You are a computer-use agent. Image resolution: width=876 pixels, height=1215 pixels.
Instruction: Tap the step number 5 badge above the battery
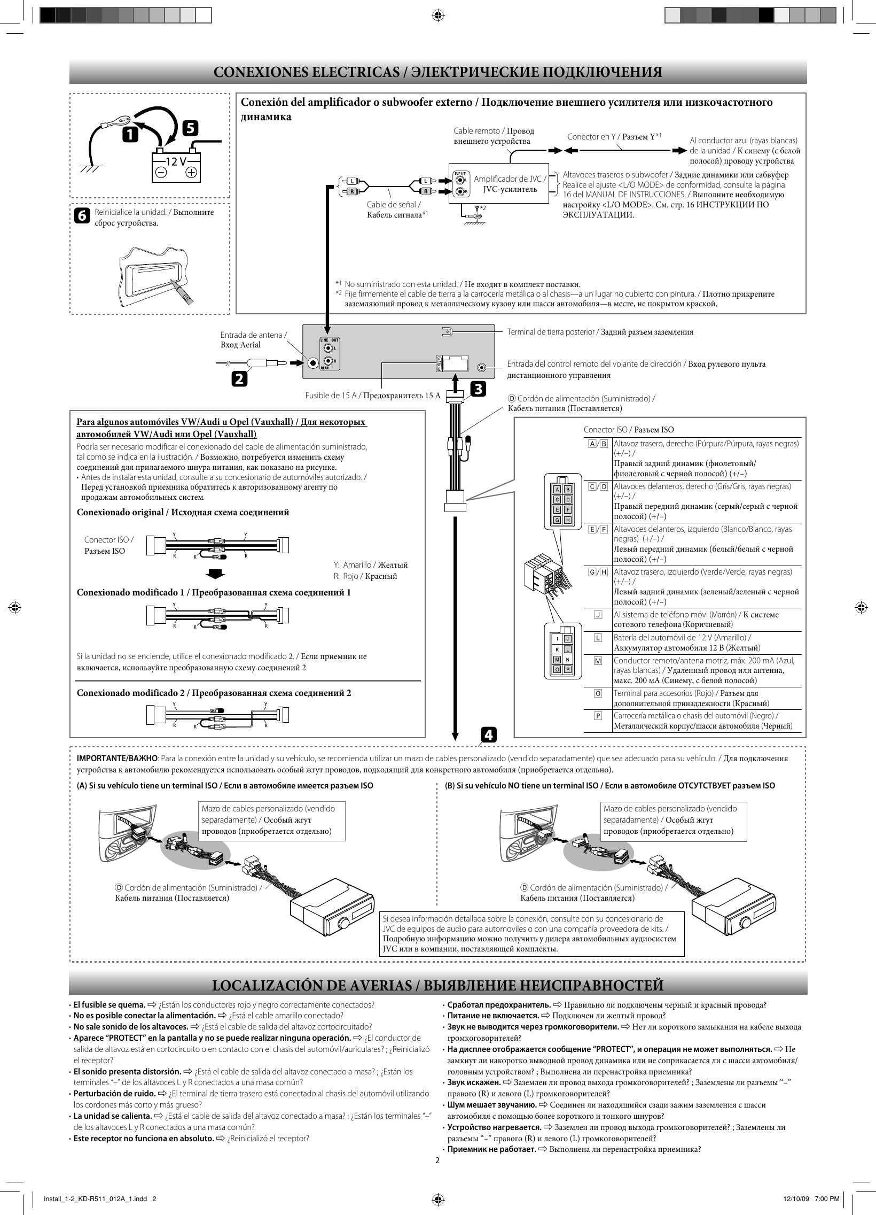[190, 129]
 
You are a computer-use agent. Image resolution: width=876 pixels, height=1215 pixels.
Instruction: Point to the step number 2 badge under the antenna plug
[239, 379]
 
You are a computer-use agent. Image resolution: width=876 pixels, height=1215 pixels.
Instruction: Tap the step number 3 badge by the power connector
[478, 389]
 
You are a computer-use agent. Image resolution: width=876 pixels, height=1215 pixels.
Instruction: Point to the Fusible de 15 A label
[331, 396]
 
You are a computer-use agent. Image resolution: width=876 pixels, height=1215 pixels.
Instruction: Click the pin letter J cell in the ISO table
[598, 615]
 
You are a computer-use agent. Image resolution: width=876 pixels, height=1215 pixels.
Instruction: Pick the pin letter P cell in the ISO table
[598, 716]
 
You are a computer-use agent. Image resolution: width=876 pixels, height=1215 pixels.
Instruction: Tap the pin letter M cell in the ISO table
[598, 661]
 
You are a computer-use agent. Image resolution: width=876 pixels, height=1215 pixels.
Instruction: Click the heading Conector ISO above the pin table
[605, 430]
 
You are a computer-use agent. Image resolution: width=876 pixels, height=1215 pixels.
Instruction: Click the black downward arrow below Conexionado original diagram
[216, 574]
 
